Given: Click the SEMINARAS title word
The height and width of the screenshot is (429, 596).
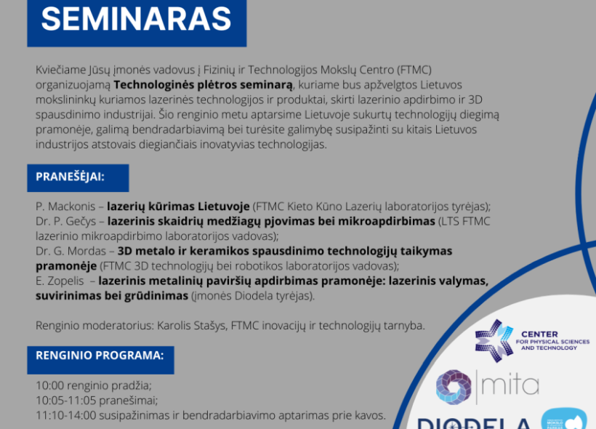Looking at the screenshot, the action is (x=136, y=19).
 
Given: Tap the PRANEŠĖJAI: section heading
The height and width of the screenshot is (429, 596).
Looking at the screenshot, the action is (x=70, y=177).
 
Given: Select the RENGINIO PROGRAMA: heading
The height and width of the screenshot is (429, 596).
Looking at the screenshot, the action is (x=100, y=356).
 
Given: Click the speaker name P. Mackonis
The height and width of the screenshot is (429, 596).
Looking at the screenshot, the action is (x=65, y=207).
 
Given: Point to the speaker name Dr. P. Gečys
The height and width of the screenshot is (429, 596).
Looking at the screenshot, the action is (x=65, y=221).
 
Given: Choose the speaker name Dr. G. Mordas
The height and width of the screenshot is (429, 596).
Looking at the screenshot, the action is (x=71, y=251).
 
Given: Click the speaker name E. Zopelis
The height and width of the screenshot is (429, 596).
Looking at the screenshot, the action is (x=60, y=281).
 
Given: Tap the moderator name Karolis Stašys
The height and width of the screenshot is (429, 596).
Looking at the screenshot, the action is (x=191, y=326).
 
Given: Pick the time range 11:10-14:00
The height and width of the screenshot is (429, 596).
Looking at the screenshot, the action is (x=65, y=415).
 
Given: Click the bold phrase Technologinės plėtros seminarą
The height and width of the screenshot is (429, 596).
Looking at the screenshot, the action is (x=204, y=85).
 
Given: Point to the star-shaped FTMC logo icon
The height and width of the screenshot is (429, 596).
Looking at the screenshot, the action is (x=494, y=340).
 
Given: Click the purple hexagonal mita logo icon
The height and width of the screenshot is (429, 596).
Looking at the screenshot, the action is (x=454, y=387).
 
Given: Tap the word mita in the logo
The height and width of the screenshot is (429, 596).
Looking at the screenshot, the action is (x=510, y=385).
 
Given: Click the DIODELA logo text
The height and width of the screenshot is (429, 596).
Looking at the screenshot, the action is (x=474, y=424).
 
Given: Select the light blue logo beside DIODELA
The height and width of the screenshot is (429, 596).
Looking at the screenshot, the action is (x=564, y=419).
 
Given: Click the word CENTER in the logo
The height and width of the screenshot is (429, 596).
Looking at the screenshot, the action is (x=539, y=334).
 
